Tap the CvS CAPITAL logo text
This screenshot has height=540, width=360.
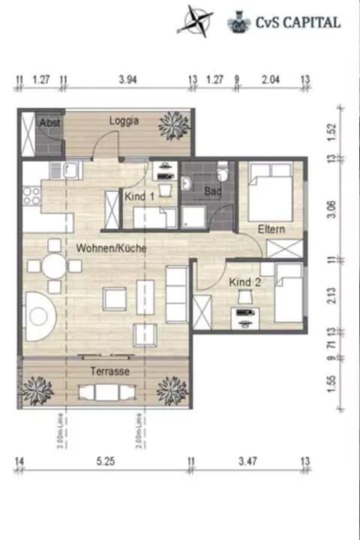coord(295,22)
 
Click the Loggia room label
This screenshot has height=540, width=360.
coord(124,121)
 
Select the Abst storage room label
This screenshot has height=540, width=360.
coord(49,122)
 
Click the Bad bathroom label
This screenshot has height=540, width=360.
coord(213,192)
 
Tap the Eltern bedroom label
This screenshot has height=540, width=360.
coord(270,228)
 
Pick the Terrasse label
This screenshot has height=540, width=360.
coord(110,371)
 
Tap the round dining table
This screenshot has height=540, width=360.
coord(54,265)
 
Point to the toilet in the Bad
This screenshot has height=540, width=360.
coord(222,173)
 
